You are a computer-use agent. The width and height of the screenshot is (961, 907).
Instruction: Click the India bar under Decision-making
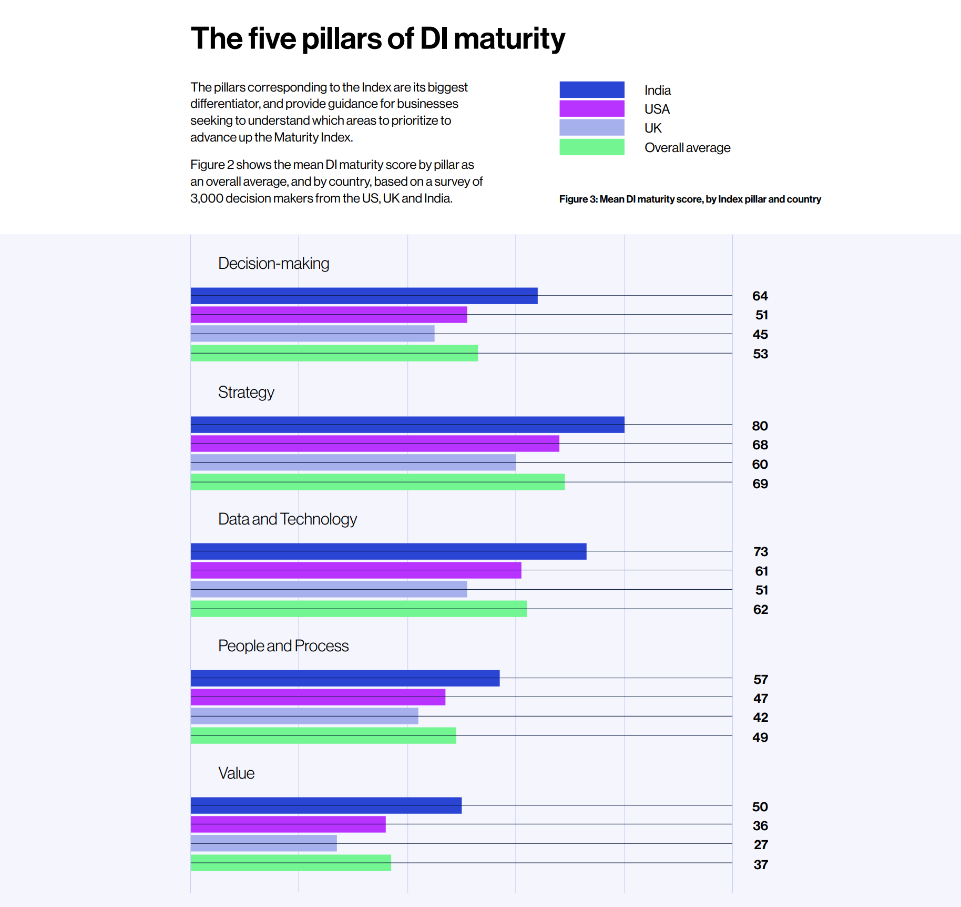[x=364, y=296]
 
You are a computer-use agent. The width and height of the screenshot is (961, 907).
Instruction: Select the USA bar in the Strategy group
[x=375, y=444]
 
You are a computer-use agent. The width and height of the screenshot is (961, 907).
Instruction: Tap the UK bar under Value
[x=263, y=843]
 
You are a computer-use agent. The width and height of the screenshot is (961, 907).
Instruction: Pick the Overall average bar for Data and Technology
[x=359, y=609]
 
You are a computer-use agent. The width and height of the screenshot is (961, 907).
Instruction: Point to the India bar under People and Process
[x=345, y=678]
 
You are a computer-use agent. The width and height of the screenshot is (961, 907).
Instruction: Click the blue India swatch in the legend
[x=591, y=89]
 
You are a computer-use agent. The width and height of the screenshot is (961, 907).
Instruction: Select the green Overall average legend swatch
[x=591, y=147]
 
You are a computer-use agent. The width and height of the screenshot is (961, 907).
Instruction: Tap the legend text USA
[x=657, y=109]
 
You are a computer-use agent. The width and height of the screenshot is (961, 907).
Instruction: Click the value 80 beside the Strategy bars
[x=760, y=426]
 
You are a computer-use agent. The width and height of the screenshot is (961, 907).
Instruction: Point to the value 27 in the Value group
[x=761, y=845]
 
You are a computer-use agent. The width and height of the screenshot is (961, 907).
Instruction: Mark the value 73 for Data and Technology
[x=760, y=552]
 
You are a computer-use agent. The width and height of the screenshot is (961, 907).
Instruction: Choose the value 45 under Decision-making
[x=760, y=335]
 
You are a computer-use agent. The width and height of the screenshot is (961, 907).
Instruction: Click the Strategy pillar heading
[x=246, y=392]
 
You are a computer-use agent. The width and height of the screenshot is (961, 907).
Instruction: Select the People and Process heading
[x=283, y=646]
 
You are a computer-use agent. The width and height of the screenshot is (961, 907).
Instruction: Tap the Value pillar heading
[x=236, y=773]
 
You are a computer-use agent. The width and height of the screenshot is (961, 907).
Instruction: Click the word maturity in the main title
[x=509, y=39]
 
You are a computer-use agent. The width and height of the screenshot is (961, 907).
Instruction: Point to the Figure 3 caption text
[x=690, y=199]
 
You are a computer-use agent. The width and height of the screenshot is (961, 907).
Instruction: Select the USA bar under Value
[x=288, y=824]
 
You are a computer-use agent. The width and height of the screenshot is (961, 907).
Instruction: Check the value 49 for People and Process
[x=760, y=738]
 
